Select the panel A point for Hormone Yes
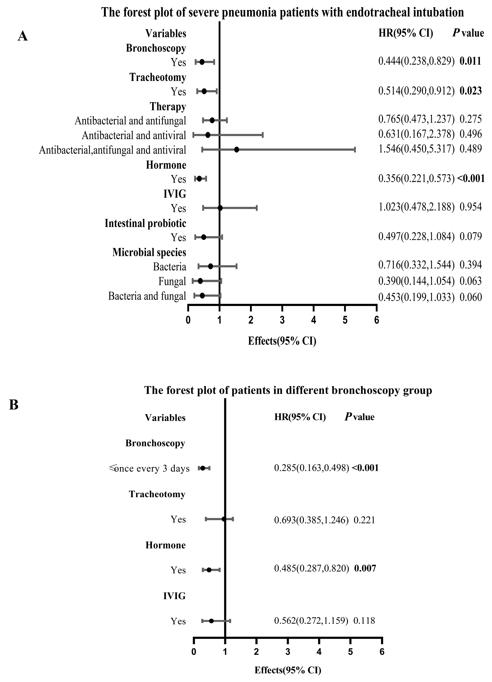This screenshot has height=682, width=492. (x=199, y=179)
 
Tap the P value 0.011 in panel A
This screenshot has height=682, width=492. (x=470, y=61)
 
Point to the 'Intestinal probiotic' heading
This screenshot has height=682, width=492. (x=145, y=223)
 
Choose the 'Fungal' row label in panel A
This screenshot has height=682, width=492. (x=172, y=281)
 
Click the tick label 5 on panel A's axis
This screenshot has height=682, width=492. (x=345, y=320)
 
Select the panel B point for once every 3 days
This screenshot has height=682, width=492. (x=203, y=468)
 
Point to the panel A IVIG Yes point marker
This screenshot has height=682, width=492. (x=220, y=208)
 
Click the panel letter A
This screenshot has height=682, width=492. (x=23, y=37)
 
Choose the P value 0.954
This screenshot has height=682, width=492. (x=471, y=207)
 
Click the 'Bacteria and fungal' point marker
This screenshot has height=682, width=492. (x=202, y=296)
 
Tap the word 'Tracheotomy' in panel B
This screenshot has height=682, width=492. (x=157, y=494)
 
